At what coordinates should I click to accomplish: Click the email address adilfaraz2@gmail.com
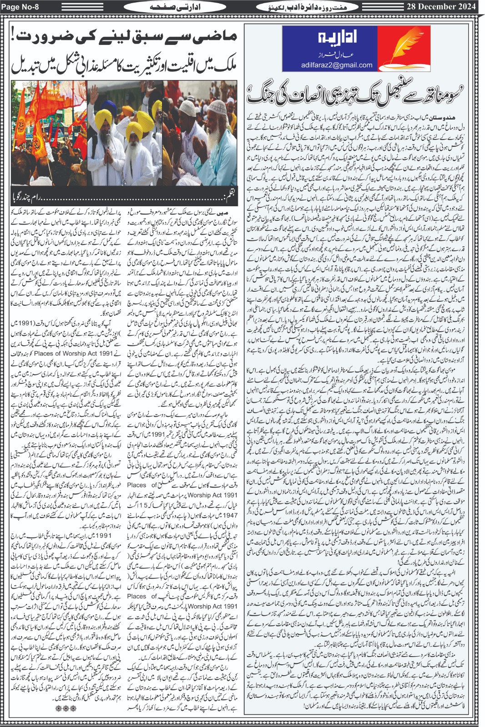coord(336,65)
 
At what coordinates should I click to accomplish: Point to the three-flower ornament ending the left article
coord(66,708)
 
